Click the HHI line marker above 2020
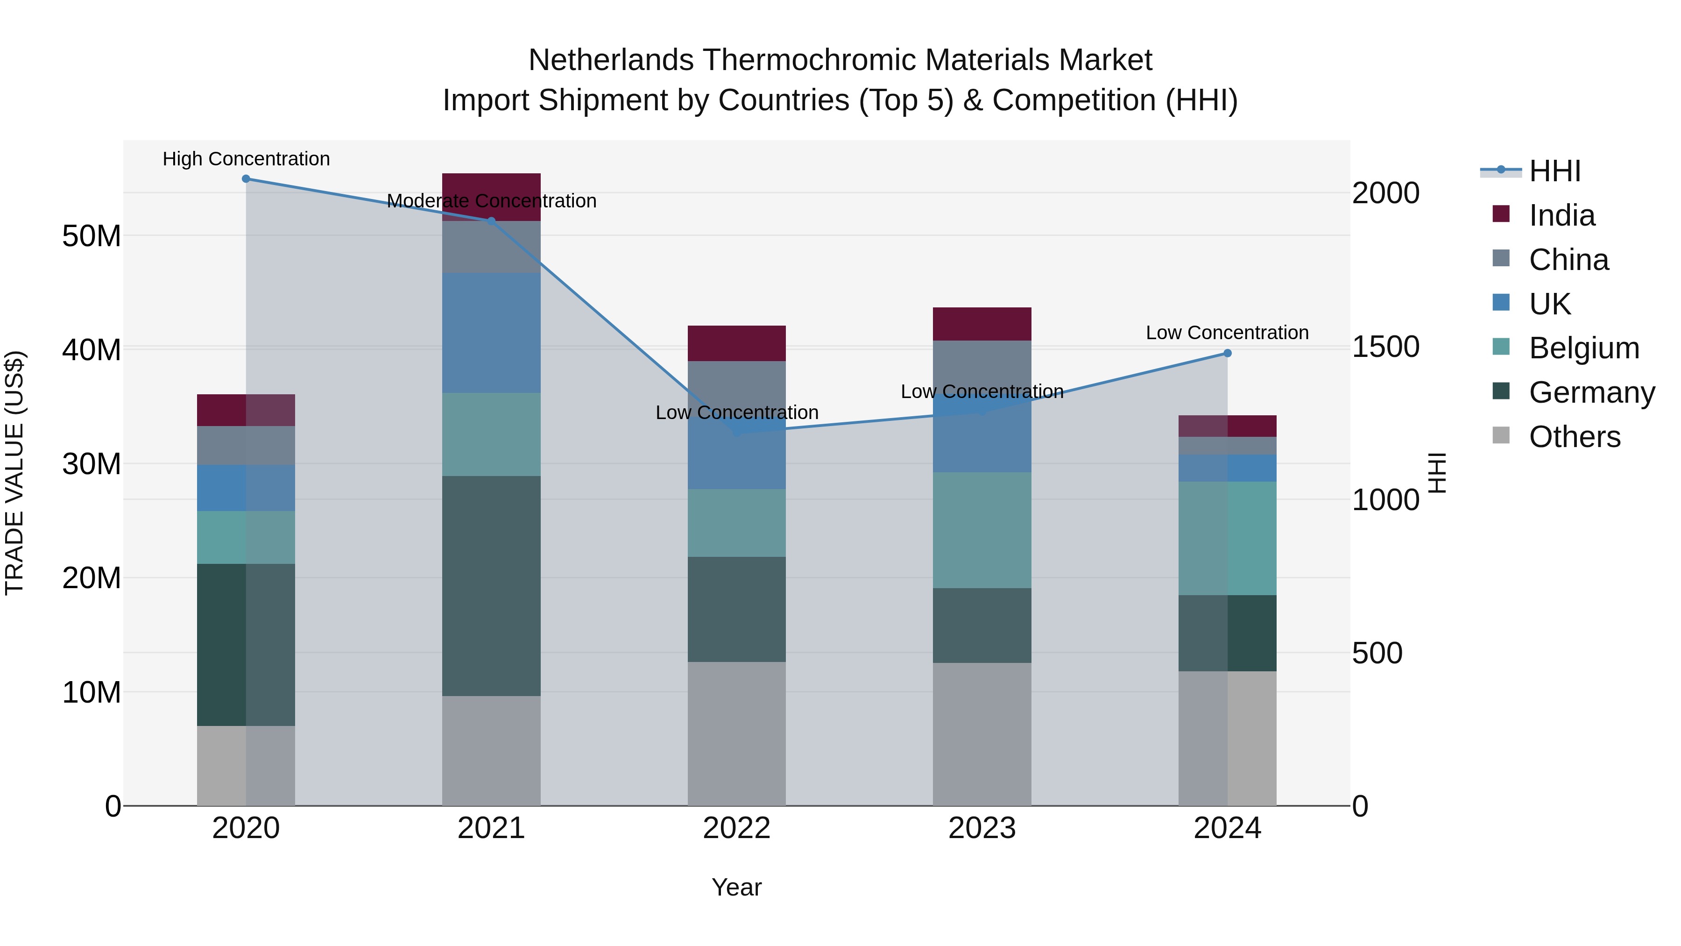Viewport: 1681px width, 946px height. (246, 179)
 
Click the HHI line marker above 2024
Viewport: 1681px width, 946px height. (1228, 353)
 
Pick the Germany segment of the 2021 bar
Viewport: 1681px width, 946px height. (491, 586)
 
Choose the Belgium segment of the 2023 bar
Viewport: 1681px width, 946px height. (982, 530)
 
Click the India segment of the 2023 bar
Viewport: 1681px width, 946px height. (982, 324)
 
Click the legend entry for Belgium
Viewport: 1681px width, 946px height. (1584, 348)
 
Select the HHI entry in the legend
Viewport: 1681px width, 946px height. (1554, 171)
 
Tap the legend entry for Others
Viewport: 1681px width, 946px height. (1574, 437)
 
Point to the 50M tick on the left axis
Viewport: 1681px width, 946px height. (92, 236)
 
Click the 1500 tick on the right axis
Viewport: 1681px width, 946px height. (1385, 347)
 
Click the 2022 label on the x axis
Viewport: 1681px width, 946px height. (737, 828)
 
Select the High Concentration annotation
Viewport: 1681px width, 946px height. (246, 159)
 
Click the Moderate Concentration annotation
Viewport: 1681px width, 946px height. (491, 201)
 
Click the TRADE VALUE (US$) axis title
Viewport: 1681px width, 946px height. (14, 473)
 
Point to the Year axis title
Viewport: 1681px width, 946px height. (737, 887)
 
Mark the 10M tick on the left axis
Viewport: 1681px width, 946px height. (92, 692)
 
